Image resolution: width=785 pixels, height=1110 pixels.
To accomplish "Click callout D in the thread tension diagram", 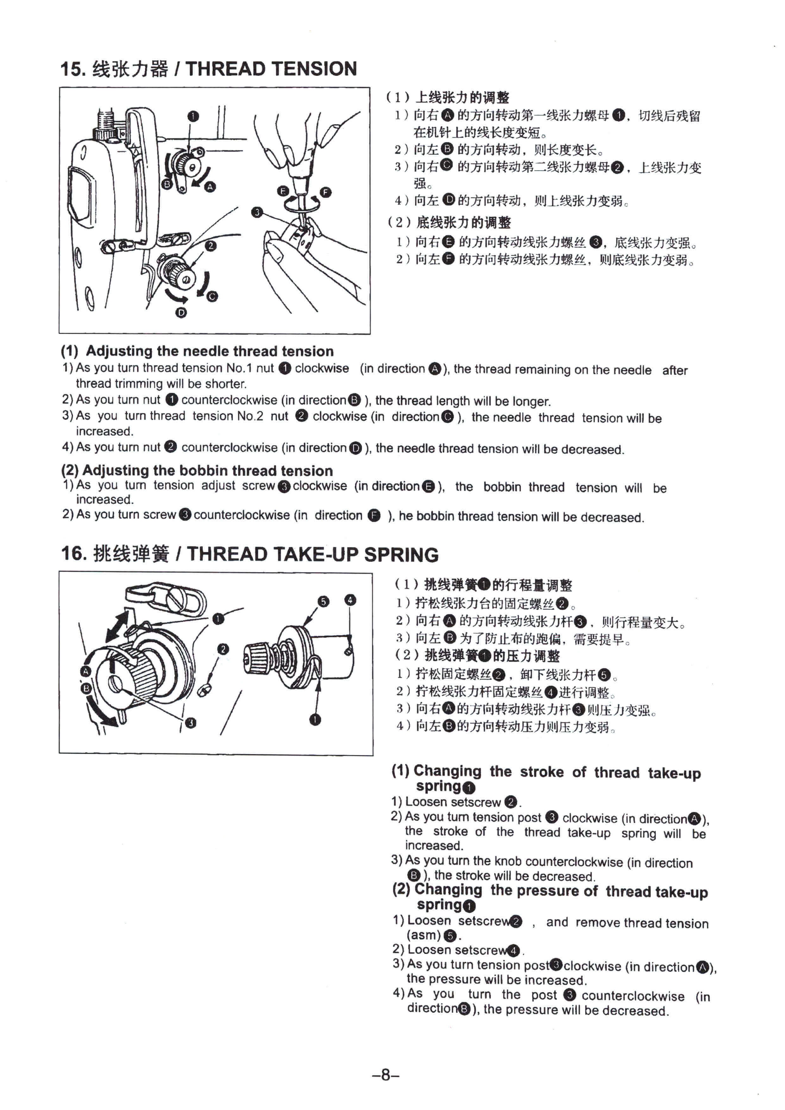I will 181,313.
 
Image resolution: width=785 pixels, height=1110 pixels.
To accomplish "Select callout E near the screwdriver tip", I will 283,191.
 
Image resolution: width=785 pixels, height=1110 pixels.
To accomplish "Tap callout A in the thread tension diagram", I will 210,187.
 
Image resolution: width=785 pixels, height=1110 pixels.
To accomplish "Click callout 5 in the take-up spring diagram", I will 323,602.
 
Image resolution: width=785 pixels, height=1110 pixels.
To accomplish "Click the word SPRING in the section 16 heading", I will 401,554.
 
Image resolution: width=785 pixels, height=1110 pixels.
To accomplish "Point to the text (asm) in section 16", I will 424,935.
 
